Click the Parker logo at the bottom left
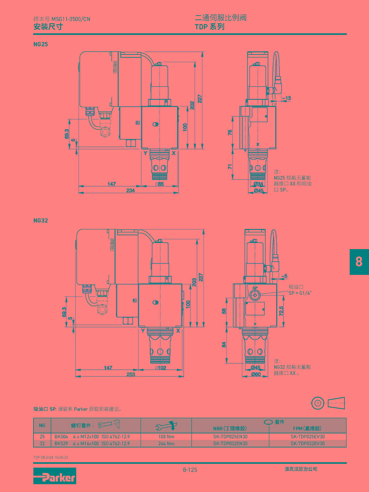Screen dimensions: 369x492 [x=55, y=476]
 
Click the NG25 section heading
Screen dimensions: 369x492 [x=41, y=44]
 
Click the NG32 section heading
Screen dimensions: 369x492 [x=41, y=220]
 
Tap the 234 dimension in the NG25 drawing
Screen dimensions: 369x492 [x=130, y=190]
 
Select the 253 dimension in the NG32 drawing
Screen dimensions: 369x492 [x=131, y=374]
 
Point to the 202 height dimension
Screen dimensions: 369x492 [x=192, y=105]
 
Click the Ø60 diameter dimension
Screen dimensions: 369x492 [x=256, y=374]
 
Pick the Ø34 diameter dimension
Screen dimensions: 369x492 [x=258, y=184]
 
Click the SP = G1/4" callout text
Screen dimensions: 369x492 [x=300, y=293]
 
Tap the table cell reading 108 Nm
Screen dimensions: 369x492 [x=166, y=437]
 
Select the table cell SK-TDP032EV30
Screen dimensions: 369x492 [x=308, y=444]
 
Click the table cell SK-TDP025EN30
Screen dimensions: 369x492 [x=230, y=437]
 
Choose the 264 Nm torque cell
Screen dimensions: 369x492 [x=166, y=444]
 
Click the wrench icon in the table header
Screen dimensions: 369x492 [x=166, y=426]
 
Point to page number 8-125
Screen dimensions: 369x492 [x=190, y=470]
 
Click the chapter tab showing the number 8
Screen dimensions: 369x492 [x=359, y=262]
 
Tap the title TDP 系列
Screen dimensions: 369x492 [x=209, y=27]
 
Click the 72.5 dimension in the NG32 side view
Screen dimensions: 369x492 [x=281, y=311]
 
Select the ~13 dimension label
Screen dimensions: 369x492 [x=286, y=98]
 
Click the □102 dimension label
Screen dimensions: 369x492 [x=161, y=368]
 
